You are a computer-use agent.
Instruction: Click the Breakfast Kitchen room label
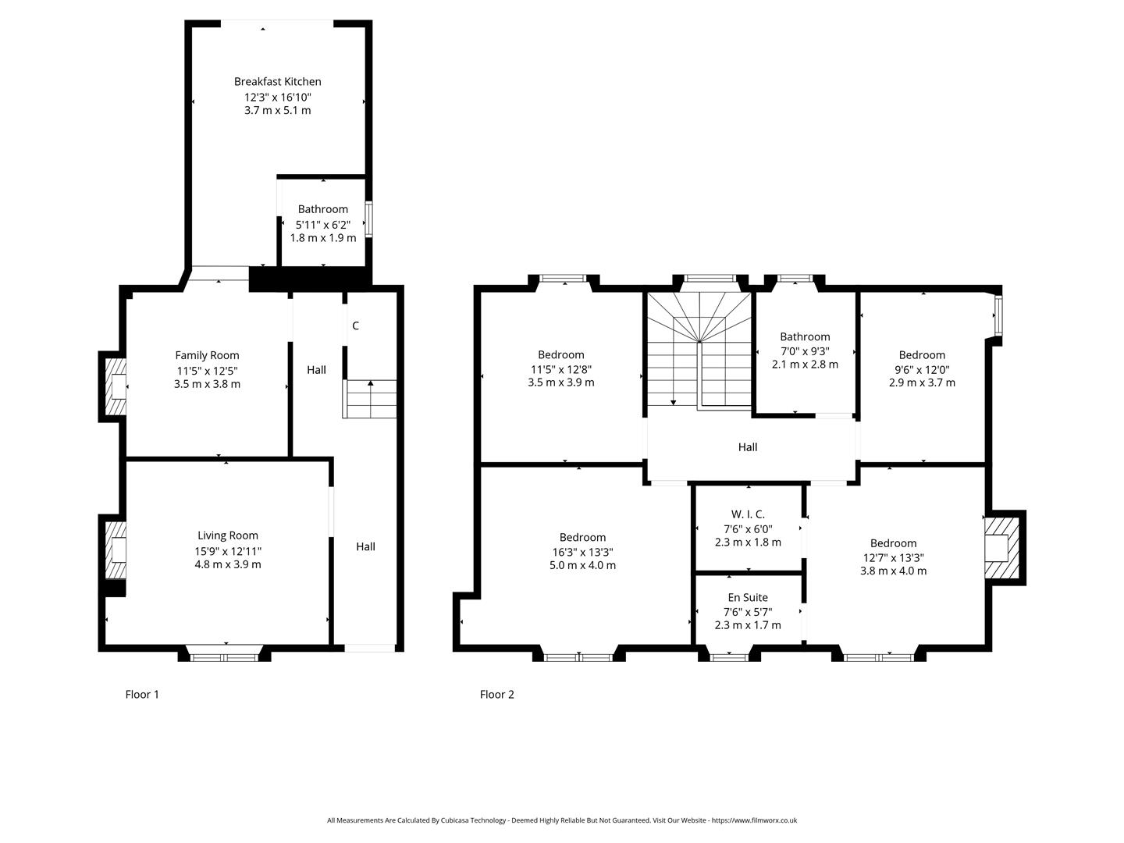pyautogui.click(x=277, y=81)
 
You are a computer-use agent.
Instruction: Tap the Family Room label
pyautogui.click(x=207, y=355)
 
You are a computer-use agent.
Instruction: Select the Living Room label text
pyautogui.click(x=227, y=535)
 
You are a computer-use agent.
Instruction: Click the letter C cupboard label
pyautogui.click(x=355, y=325)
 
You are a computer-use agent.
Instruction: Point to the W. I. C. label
pyautogui.click(x=748, y=514)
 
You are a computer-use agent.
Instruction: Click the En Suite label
pyautogui.click(x=748, y=597)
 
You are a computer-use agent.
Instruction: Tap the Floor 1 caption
pyautogui.click(x=142, y=694)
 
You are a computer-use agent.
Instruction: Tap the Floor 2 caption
pyautogui.click(x=497, y=694)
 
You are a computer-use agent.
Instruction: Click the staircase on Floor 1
pyautogui.click(x=370, y=399)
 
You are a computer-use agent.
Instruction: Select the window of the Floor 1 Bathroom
pyautogui.click(x=368, y=219)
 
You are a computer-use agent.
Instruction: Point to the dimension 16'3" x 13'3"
pyautogui.click(x=582, y=551)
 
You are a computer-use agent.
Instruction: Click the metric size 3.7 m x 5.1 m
pyautogui.click(x=277, y=110)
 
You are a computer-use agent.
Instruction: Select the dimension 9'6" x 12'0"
pyautogui.click(x=922, y=369)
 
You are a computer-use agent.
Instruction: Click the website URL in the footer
pyautogui.click(x=753, y=820)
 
